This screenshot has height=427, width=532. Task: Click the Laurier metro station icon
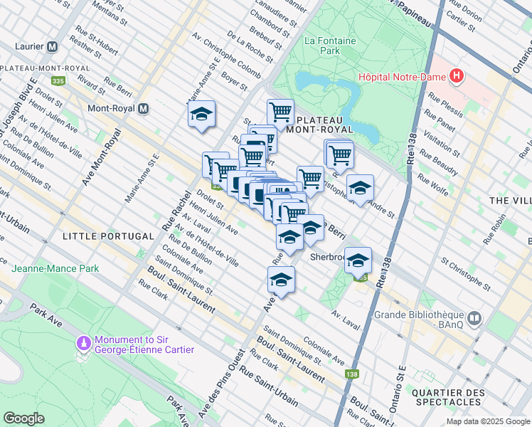click(52, 47)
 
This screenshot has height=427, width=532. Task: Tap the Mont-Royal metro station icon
click(143, 109)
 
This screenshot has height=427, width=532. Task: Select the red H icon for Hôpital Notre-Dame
click(457, 76)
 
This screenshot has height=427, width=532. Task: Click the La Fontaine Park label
click(329, 46)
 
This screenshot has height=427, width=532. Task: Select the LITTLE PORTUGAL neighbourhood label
click(108, 236)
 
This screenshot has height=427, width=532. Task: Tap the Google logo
click(23, 418)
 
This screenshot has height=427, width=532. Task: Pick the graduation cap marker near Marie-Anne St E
click(201, 114)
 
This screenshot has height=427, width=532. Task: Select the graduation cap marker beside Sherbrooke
click(358, 260)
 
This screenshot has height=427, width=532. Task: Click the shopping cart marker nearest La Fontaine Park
click(280, 111)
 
